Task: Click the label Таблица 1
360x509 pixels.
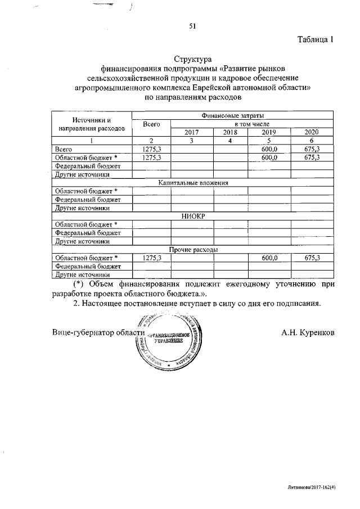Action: click(x=316, y=39)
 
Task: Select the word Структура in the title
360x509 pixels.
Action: click(x=192, y=58)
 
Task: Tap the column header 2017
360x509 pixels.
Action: click(x=192, y=132)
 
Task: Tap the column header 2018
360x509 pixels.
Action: click(x=231, y=132)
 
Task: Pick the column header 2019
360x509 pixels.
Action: click(x=269, y=132)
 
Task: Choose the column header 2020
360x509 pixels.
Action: click(x=312, y=132)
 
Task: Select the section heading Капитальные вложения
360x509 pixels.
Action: click(x=192, y=183)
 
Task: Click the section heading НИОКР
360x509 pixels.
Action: click(x=192, y=216)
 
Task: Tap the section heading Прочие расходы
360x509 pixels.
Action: click(x=193, y=249)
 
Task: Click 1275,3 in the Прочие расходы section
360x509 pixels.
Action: click(x=151, y=258)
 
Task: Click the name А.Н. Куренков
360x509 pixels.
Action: click(x=308, y=332)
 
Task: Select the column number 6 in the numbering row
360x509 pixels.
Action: click(x=312, y=140)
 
